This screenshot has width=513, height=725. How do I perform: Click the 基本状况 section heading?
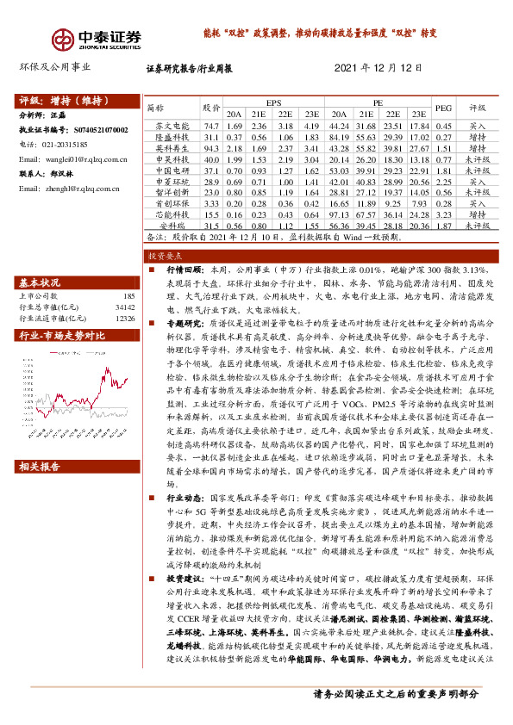click(x=40, y=282)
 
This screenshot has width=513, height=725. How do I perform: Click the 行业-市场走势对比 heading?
click(x=62, y=334)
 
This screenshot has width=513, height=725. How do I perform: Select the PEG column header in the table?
click(x=443, y=108)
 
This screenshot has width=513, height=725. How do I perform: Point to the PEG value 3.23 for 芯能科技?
click(x=443, y=213)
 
